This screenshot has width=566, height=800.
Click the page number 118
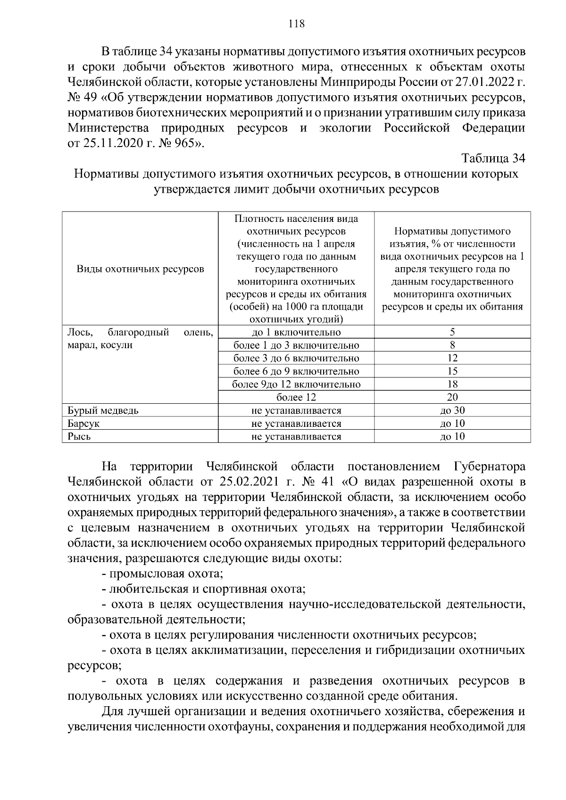[x=296, y=24]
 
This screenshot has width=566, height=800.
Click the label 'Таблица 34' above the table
[x=492, y=158]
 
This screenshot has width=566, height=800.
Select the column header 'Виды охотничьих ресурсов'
[x=140, y=269]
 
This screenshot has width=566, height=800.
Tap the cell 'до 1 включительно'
[x=296, y=332]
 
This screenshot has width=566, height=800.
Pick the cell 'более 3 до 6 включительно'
[x=296, y=358]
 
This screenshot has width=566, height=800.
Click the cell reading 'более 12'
[x=296, y=397]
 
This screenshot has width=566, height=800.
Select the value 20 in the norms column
[x=452, y=397]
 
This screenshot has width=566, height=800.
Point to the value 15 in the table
[x=452, y=371]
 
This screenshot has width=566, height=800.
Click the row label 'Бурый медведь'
[x=103, y=410]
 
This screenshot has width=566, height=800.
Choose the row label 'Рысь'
[x=79, y=436]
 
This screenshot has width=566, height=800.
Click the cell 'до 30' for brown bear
[x=452, y=410]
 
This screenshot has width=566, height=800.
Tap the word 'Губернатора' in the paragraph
[x=489, y=467]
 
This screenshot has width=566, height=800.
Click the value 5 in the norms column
[x=452, y=332]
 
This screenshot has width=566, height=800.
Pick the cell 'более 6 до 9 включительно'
[x=296, y=371]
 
